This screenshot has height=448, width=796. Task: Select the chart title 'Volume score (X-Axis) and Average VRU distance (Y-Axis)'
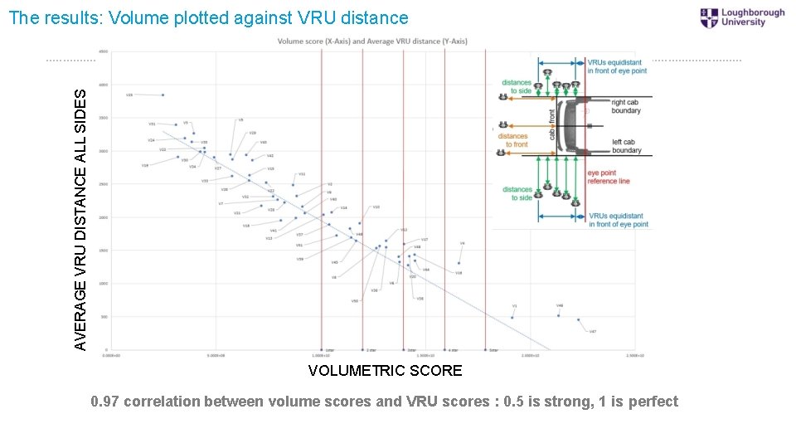tap(372, 41)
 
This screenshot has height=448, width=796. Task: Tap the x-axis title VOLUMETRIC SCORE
tap(385, 371)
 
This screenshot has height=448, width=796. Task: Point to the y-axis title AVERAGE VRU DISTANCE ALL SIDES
tap(80, 207)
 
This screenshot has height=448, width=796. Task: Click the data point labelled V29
tap(163, 95)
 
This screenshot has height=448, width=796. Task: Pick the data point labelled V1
tap(512, 318)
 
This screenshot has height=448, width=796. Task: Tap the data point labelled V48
tap(559, 316)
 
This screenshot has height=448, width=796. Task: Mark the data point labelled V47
tap(579, 320)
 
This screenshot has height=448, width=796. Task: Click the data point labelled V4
tap(459, 263)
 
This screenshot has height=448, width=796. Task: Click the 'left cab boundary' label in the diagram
tap(626, 146)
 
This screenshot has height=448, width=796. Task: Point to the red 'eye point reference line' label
tap(608, 177)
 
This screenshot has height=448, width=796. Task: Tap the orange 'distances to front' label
tap(512, 140)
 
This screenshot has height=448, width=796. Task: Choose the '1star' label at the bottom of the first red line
tap(329, 351)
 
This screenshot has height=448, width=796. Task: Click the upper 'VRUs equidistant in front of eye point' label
tap(617, 66)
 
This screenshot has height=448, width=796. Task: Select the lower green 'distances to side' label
tap(517, 193)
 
